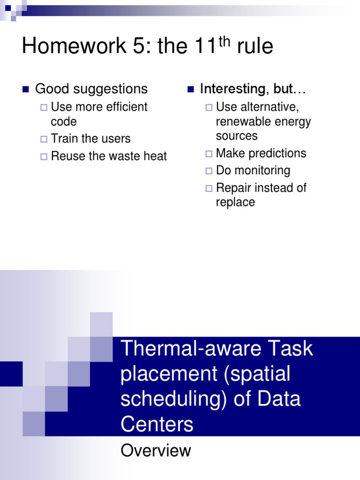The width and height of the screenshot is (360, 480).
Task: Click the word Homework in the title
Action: [74, 45]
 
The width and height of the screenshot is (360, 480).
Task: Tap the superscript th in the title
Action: [225, 41]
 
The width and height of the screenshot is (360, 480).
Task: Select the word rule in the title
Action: [255, 46]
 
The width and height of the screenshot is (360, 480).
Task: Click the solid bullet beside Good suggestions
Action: [26, 90]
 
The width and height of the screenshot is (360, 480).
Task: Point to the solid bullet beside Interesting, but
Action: [191, 90]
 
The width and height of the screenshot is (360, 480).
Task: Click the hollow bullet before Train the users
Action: [44, 139]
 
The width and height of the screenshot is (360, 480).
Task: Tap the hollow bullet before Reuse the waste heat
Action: [44, 157]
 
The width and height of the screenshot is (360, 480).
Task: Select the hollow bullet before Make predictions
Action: [209, 154]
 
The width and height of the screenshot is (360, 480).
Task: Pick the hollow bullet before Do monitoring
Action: [209, 171]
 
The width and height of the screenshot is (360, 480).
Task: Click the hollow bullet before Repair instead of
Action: [209, 188]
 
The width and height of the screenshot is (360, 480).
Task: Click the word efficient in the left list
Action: [127, 107]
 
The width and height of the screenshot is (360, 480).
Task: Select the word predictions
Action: [277, 153]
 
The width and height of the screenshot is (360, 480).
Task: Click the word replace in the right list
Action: [235, 202]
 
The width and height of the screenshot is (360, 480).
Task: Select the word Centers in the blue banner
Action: [157, 424]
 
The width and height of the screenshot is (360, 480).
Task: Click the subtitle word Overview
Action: [156, 450]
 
